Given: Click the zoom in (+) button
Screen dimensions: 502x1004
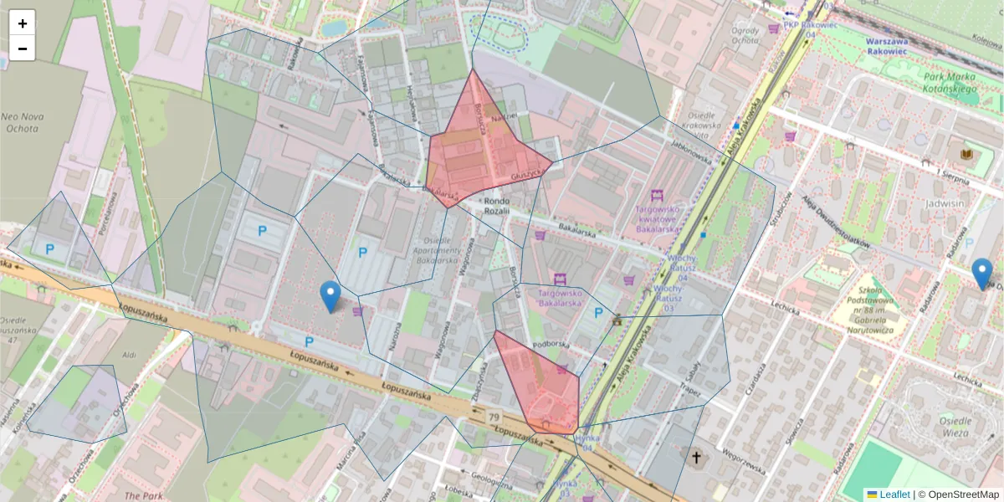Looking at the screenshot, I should point(22,23).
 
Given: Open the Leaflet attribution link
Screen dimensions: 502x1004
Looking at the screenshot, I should point(894,494).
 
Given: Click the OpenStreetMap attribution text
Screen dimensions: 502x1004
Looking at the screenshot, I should point(963,494).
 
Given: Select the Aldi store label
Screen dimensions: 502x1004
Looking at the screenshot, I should point(129,355).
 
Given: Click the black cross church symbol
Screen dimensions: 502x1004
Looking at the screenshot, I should point(696,458).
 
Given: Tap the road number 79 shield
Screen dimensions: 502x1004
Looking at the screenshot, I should point(494,417).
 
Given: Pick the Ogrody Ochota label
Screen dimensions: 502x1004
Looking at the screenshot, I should point(745,36).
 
